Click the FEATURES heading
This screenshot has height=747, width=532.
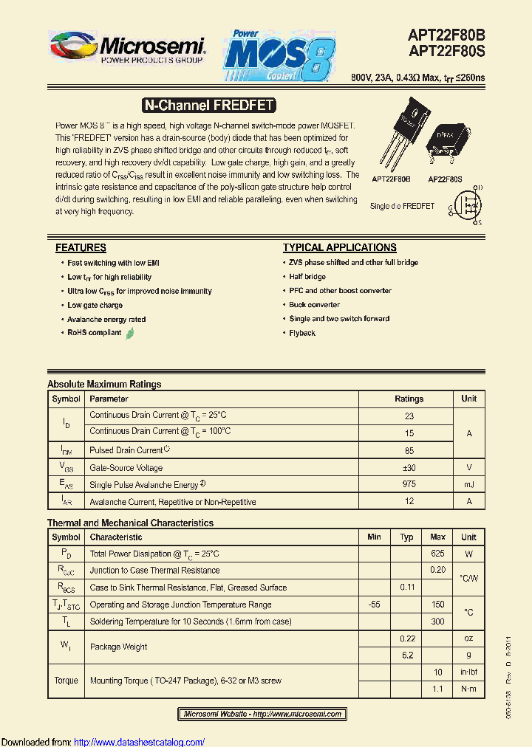[x=81, y=248]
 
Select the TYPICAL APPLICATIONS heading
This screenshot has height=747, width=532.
[x=339, y=248]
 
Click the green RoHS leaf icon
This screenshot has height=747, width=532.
[x=130, y=333]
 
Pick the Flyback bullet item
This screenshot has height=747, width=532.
[x=302, y=333]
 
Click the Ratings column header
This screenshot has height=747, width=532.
[x=409, y=399]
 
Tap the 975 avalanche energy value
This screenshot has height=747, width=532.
[x=409, y=484]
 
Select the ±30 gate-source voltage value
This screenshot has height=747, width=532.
[x=409, y=467]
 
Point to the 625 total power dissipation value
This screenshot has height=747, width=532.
[x=437, y=554]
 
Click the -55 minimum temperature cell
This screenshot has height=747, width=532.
[x=374, y=605]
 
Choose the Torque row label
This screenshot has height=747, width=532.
[x=66, y=681]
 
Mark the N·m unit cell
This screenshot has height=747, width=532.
[x=468, y=689]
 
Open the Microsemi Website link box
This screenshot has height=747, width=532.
[x=262, y=714]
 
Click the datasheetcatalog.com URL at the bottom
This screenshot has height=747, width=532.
[x=140, y=742]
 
